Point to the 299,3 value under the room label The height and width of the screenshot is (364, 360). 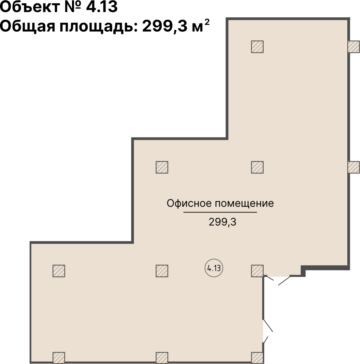pos(222,222)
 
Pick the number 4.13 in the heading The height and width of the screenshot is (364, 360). pos(101,7)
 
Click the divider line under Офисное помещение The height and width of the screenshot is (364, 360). pos(220,212)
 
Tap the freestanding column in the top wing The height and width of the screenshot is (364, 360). pos(257,47)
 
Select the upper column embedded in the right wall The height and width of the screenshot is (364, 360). pos(353,47)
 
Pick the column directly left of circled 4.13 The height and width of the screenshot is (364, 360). pos(162,271)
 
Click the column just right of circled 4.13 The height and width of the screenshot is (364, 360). pos(257,271)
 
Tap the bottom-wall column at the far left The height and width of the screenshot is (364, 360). pos(59,357)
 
